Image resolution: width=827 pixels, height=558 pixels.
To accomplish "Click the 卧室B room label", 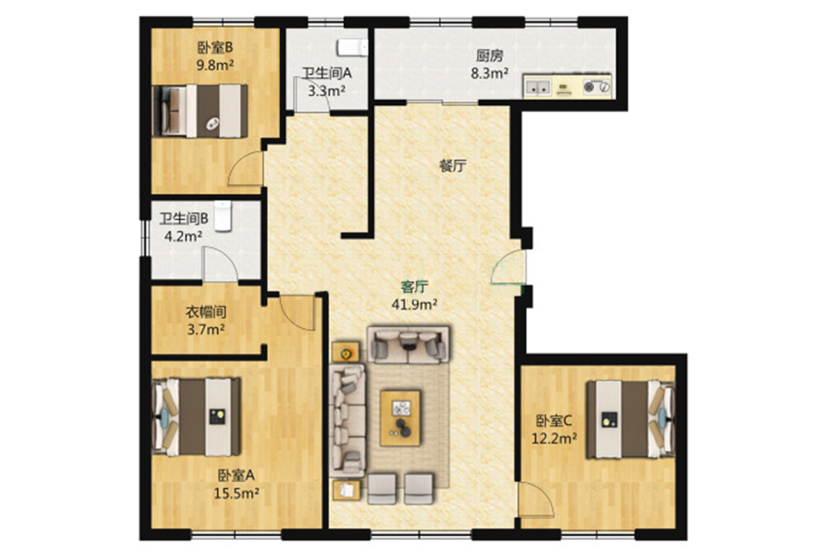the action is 215,48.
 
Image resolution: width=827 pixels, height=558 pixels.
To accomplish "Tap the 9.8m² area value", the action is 215,65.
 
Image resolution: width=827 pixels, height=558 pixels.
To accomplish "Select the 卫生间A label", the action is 326,73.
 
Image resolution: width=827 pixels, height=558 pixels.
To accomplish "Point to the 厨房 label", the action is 490,56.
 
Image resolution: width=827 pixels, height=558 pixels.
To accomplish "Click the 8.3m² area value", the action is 490,73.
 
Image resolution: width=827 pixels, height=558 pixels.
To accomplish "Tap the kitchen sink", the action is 538,87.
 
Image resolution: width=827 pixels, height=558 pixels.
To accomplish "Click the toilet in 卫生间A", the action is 352,47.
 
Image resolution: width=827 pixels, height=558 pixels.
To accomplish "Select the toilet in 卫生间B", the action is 223,215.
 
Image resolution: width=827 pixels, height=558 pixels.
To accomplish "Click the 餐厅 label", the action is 453,166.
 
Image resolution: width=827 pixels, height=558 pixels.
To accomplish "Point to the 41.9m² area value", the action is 415,304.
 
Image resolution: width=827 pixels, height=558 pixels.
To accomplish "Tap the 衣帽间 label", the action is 206,312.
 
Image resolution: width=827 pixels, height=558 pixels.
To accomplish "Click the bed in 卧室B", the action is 201,111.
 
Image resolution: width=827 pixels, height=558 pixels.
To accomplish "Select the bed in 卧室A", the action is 196,417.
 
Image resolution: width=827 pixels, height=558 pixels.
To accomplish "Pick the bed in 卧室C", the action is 631,419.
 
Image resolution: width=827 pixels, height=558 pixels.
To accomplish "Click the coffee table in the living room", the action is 401,418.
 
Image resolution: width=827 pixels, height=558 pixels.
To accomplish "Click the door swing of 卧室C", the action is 535,500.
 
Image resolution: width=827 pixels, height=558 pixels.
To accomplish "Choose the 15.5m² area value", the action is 237,493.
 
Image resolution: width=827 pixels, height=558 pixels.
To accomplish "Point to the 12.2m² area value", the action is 553,438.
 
